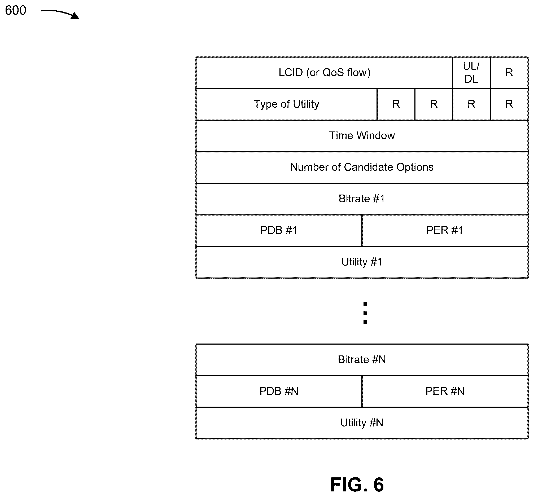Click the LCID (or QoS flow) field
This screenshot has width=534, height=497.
[x=324, y=73]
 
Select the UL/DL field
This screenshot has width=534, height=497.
[x=471, y=73]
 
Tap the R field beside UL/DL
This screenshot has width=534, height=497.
[x=509, y=73]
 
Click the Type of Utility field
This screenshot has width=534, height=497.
[x=287, y=104]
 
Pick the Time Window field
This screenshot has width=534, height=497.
[x=362, y=136]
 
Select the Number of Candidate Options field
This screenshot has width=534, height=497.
[x=362, y=168]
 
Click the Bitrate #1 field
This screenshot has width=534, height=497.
[x=362, y=199]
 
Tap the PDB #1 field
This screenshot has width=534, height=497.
[x=279, y=231]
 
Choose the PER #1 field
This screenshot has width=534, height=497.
[x=445, y=231]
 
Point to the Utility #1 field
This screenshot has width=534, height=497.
[x=362, y=262]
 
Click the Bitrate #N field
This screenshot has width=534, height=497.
[x=362, y=360]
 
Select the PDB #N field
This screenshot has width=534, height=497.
[x=279, y=391]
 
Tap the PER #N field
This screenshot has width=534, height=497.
[x=445, y=391]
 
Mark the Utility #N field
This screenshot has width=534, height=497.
[x=362, y=423]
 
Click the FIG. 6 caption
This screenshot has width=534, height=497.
[x=357, y=485]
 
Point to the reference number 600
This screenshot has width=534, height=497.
[x=16, y=11]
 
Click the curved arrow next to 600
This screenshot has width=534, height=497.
[x=60, y=13]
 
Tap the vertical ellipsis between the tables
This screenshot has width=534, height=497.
[x=365, y=313]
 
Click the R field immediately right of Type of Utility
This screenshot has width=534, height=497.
[x=396, y=104]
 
